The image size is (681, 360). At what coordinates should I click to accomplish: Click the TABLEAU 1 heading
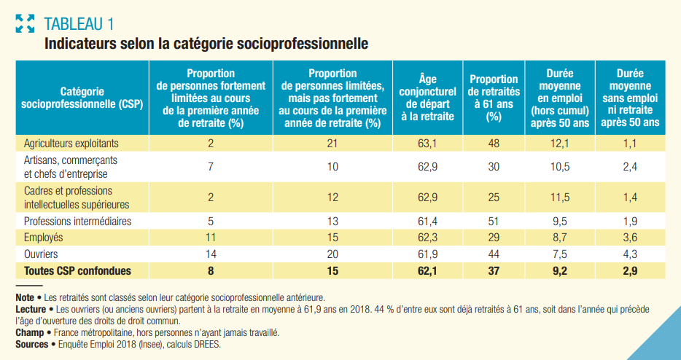click(79, 23)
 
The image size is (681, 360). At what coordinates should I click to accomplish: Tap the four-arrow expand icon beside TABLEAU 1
click(26, 23)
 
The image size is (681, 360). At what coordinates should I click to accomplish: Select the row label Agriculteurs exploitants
click(71, 143)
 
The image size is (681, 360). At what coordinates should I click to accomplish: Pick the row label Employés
click(44, 238)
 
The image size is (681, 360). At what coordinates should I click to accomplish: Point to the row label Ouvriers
click(41, 254)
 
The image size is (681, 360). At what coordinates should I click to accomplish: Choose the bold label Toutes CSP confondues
click(77, 270)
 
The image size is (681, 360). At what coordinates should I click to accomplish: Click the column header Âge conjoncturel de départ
click(427, 98)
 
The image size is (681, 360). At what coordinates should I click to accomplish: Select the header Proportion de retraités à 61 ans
click(494, 98)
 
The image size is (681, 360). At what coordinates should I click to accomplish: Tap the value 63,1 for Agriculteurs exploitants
click(427, 143)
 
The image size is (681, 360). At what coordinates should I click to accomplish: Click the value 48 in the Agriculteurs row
click(494, 143)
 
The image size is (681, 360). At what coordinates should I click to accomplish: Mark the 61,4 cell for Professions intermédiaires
click(427, 221)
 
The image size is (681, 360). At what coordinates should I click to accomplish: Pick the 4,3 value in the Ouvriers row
click(630, 254)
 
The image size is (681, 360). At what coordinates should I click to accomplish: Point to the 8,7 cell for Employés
click(559, 238)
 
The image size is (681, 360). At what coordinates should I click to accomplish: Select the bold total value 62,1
click(427, 270)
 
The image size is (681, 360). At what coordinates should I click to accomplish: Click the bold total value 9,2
click(559, 270)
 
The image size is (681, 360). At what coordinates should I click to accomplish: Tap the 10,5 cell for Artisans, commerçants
click(559, 167)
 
